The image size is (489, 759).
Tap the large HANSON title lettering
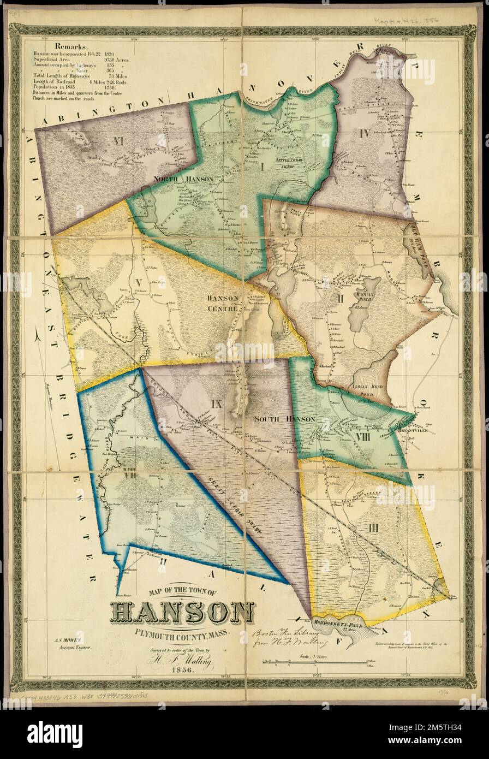[182, 614]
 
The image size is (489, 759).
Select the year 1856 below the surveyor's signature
[182, 670]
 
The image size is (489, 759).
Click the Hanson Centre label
[223, 303]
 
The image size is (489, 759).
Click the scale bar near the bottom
[315, 663]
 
